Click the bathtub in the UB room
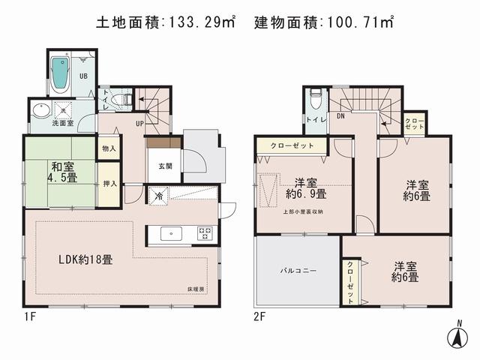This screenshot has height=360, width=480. (60, 73)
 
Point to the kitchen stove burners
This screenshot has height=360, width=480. (205, 234)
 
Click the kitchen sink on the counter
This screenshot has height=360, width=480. (171, 234)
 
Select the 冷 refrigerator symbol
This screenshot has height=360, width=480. (159, 196)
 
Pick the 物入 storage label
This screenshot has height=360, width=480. (109, 149)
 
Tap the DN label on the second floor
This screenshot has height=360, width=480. (340, 117)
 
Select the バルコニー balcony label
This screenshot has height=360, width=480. (297, 268)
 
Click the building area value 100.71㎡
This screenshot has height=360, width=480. (358, 22)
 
